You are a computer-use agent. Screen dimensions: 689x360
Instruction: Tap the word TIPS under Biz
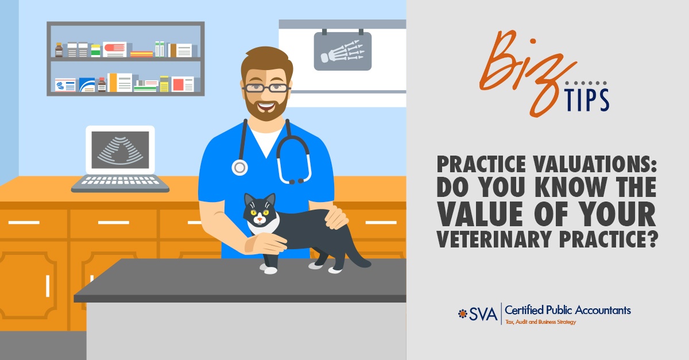pos(587,99)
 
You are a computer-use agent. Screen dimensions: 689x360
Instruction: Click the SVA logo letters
pos(483,314)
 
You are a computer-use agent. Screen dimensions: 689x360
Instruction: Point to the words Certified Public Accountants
pos(568,310)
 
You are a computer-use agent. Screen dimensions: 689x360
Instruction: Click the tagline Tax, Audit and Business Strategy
pos(540,322)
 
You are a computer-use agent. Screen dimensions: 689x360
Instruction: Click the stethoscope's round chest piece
pos(239,168)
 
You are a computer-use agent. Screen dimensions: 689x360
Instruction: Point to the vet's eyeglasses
pos(266,88)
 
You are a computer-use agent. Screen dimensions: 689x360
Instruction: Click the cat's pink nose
pos(260,219)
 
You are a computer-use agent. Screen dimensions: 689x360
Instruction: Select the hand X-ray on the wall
pos(343,51)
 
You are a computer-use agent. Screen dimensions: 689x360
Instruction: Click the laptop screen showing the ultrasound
pos(120,150)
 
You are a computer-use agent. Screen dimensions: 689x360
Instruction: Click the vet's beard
pos(266,108)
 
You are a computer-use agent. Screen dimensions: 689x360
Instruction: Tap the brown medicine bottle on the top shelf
pos(59,50)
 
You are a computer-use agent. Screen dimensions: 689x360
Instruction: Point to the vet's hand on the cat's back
pos(336,217)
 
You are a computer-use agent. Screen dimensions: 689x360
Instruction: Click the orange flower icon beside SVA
pos(462,313)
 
